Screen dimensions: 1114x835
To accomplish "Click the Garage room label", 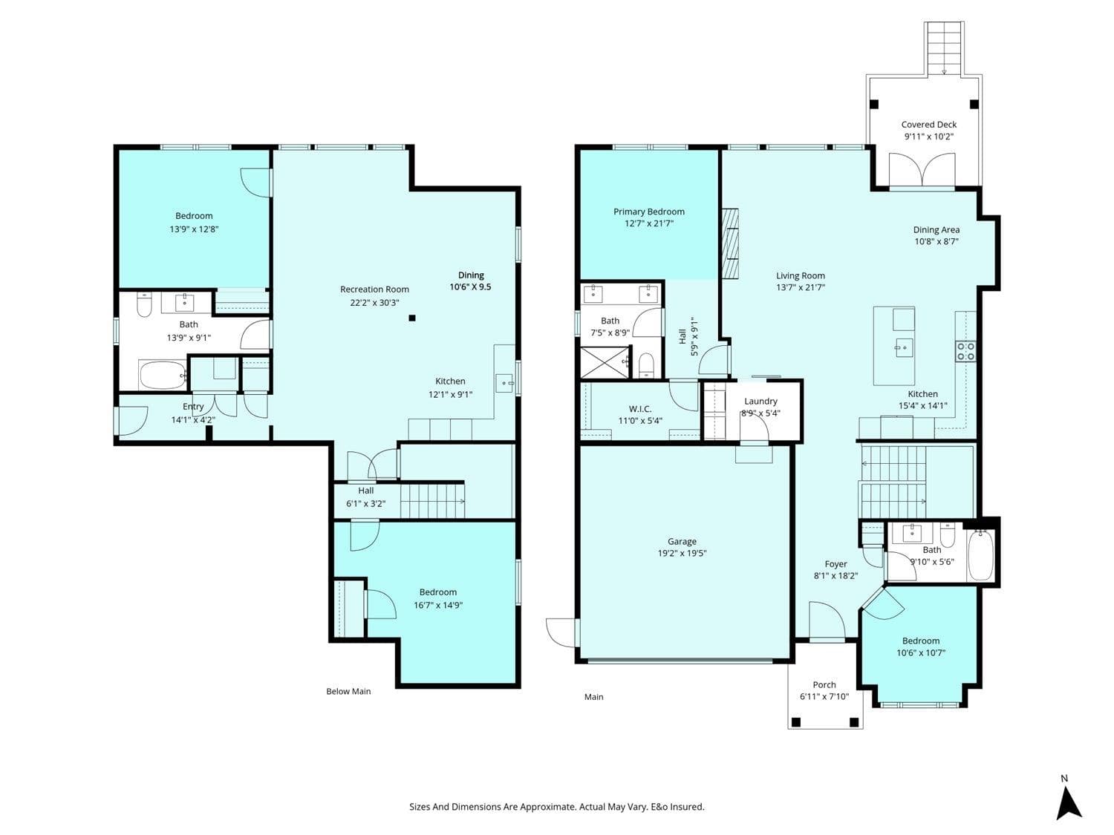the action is click(682, 542).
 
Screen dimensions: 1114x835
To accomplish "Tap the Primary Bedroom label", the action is click(648, 212).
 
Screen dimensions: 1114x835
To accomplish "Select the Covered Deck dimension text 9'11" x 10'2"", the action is click(929, 137).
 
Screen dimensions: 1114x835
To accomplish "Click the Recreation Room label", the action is click(374, 289).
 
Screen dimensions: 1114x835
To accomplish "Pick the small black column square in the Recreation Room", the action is click(412, 318).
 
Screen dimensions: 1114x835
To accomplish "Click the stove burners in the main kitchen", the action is click(965, 351).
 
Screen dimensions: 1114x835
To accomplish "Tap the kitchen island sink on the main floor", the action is click(904, 348).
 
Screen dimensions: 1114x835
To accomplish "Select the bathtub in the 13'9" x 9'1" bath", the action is click(163, 375).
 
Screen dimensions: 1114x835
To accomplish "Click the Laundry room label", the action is click(760, 401).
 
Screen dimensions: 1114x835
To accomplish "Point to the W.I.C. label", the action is click(640, 409).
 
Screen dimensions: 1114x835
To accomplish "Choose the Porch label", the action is click(824, 685).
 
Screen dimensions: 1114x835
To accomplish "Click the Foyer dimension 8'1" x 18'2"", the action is click(835, 576).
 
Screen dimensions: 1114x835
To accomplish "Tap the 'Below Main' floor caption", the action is click(348, 692).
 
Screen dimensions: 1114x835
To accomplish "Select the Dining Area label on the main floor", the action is click(937, 229).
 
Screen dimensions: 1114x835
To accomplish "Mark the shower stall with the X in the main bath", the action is click(605, 362).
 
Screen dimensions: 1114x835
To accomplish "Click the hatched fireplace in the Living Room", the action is click(730, 243).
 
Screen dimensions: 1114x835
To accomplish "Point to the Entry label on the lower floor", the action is click(193, 407).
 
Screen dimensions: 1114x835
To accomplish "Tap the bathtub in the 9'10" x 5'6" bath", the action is click(980, 555).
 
